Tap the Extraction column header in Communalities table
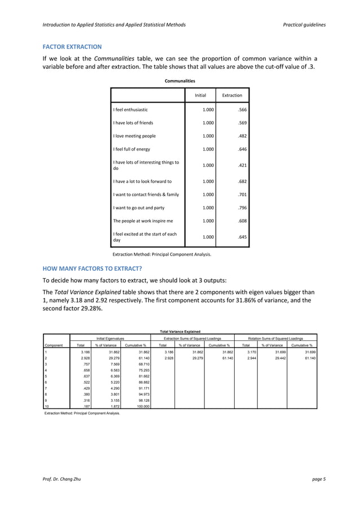232,95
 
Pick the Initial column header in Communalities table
200,95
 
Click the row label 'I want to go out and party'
139,208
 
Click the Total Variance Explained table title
180,331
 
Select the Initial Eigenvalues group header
111,338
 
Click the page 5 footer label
318,479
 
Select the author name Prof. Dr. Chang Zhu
59,479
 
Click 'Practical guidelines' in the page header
302,25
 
